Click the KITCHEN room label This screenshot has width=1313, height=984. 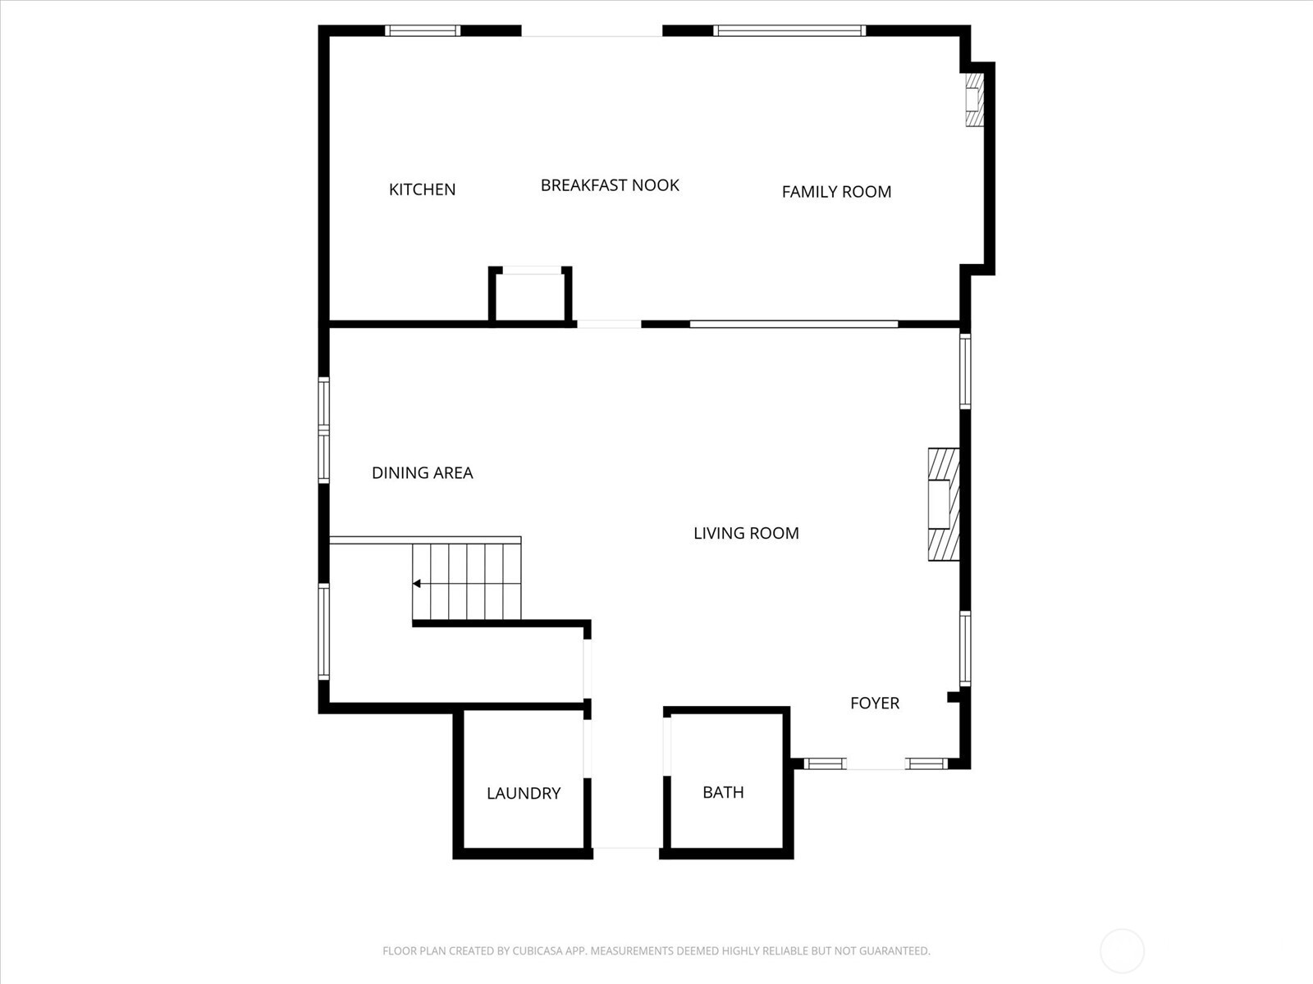tap(422, 189)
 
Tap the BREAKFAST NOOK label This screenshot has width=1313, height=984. tap(610, 185)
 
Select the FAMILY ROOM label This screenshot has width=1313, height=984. tap(836, 192)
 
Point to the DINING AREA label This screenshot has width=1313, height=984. tap(422, 473)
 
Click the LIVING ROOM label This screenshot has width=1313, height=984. tap(746, 533)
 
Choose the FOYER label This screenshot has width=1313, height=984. tap(875, 704)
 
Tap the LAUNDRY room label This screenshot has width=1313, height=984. tap(524, 793)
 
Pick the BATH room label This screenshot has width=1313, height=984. tap(723, 792)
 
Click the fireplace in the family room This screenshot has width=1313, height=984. tap(973, 100)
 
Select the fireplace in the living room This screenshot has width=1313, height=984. tap(943, 504)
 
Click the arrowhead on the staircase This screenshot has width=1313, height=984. tap(417, 584)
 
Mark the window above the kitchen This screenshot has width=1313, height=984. tap(423, 31)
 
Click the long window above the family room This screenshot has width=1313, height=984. tap(789, 31)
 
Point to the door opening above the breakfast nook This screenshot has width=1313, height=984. tap(592, 31)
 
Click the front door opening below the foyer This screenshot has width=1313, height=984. tap(876, 764)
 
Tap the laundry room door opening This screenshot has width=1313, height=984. tap(588, 748)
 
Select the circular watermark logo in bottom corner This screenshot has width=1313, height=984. tap(1122, 951)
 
